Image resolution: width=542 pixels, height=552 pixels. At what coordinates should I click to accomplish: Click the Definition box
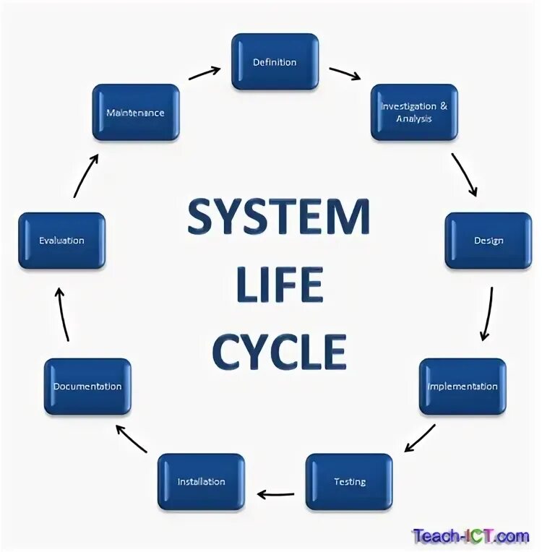tap(275, 62)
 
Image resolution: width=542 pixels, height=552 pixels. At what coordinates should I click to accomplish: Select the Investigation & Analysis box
tap(414, 112)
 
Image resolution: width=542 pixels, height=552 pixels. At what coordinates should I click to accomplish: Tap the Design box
tap(488, 241)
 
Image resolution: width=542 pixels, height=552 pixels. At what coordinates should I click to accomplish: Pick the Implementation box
tap(463, 387)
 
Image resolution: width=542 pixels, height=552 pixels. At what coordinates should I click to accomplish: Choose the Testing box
tap(349, 482)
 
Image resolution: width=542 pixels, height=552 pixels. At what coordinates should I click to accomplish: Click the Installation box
tap(201, 482)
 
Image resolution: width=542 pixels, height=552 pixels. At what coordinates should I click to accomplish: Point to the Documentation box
tap(87, 387)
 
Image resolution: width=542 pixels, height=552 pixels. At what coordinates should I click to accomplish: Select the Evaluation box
tap(61, 241)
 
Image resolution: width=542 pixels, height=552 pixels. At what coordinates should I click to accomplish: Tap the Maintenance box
tap(135, 113)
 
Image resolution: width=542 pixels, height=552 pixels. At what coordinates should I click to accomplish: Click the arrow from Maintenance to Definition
tap(205, 73)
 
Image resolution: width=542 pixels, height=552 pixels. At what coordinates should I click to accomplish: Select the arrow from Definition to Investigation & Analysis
tap(345, 73)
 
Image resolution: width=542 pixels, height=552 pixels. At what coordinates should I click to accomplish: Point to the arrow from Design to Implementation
tap(487, 314)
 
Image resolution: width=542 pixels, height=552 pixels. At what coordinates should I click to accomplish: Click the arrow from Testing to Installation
tap(275, 495)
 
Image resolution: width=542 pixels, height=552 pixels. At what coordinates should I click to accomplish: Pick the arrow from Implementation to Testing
tap(420, 438)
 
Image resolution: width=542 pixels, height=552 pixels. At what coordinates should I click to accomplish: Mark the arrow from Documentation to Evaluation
tap(63, 314)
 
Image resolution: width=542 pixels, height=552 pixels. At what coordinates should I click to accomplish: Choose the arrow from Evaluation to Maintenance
tap(85, 175)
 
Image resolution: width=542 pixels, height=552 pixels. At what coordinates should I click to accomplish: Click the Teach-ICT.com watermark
tap(470, 536)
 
